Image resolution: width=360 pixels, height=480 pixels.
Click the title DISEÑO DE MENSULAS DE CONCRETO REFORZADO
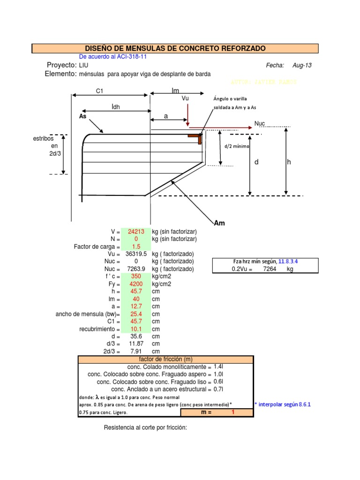tap(175, 49)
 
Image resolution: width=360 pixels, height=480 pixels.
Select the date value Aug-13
tap(301, 66)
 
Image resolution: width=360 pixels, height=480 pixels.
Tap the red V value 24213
tap(136, 232)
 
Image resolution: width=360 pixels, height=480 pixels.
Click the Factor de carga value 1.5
tap(136, 247)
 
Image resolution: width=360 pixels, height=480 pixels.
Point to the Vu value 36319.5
tap(136, 254)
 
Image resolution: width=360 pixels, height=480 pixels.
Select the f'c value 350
tap(136, 277)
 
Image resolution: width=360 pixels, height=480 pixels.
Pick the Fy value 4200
tap(136, 284)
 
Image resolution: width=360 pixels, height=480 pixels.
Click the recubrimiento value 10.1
tap(136, 329)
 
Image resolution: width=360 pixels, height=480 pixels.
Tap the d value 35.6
tap(136, 337)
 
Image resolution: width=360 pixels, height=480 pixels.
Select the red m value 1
tap(232, 412)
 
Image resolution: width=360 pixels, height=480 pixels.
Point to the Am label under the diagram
tap(219, 223)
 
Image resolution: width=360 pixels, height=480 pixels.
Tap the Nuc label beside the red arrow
tap(260, 123)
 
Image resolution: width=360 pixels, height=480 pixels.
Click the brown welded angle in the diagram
tap(196, 137)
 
